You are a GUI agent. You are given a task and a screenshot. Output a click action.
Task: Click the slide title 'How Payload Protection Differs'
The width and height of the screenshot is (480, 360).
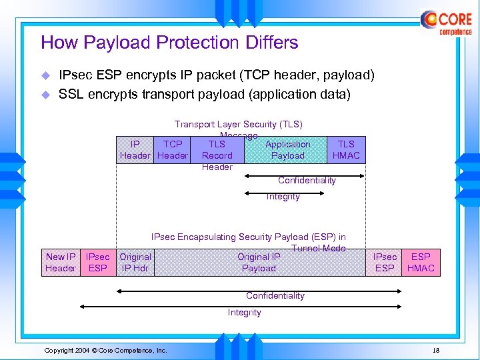[x=169, y=43]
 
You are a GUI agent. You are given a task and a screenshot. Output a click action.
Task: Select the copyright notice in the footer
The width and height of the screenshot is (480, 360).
[x=105, y=350]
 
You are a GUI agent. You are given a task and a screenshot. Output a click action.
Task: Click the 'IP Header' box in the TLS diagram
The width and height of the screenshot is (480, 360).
[x=135, y=150]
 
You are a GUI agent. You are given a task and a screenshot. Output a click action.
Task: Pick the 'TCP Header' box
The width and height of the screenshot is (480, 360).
[x=173, y=150]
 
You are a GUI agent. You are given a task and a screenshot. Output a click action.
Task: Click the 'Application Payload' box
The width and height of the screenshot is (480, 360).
[x=287, y=150]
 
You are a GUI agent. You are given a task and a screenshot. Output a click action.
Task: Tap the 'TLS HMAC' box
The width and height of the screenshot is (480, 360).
[x=346, y=150]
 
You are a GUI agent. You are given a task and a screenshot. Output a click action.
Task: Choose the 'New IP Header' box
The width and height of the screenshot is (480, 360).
[x=61, y=262]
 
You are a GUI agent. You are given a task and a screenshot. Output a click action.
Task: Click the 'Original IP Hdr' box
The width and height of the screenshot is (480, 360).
[x=135, y=262]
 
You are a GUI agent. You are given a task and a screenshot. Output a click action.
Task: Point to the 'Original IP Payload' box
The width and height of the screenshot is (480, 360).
[x=259, y=262]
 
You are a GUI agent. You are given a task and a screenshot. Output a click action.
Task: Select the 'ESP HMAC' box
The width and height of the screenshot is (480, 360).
[x=421, y=262]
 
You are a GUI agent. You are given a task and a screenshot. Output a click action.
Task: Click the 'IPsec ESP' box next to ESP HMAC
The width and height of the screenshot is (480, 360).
[x=385, y=262]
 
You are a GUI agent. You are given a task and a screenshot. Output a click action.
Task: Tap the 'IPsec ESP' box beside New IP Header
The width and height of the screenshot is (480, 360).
[x=98, y=262]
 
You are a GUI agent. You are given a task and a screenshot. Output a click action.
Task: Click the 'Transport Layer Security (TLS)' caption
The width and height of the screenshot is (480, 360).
[x=238, y=125]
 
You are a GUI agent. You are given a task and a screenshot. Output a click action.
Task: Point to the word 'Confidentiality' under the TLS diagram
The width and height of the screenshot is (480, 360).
[x=307, y=181]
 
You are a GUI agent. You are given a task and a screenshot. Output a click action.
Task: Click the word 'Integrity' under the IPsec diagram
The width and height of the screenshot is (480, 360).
[x=245, y=312]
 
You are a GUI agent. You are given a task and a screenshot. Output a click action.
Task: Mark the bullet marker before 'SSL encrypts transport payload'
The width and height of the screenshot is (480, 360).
[x=45, y=95]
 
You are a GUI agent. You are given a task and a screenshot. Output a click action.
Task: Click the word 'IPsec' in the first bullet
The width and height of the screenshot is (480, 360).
[x=76, y=75]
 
